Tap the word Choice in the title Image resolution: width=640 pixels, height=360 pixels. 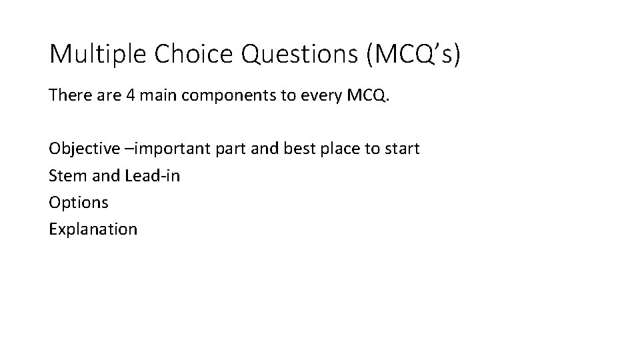192,54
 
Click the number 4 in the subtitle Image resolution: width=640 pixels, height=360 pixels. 129,95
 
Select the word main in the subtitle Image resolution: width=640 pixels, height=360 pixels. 158,95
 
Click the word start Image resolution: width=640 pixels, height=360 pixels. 401,149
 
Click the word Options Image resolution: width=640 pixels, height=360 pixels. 78,203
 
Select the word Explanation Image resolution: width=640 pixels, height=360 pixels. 93,229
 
